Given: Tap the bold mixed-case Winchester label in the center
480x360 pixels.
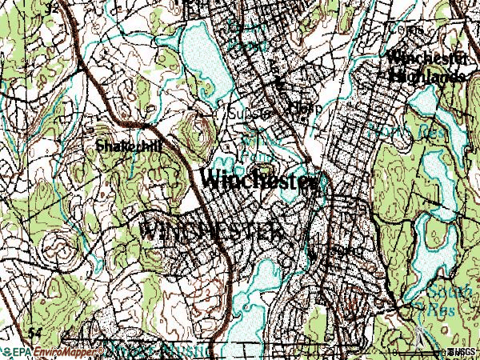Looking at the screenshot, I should pyautogui.click(x=259, y=181).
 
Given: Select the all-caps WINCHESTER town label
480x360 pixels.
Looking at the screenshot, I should pyautogui.click(x=212, y=231).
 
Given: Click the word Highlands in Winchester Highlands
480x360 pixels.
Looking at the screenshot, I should pyautogui.click(x=429, y=77).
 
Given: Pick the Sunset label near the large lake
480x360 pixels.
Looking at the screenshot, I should pyautogui.click(x=246, y=114).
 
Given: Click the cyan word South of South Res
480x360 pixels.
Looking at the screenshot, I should pyautogui.click(x=445, y=292).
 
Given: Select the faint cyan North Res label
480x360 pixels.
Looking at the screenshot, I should pyautogui.click(x=400, y=130).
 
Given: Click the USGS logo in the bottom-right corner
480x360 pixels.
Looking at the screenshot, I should pyautogui.click(x=462, y=352).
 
